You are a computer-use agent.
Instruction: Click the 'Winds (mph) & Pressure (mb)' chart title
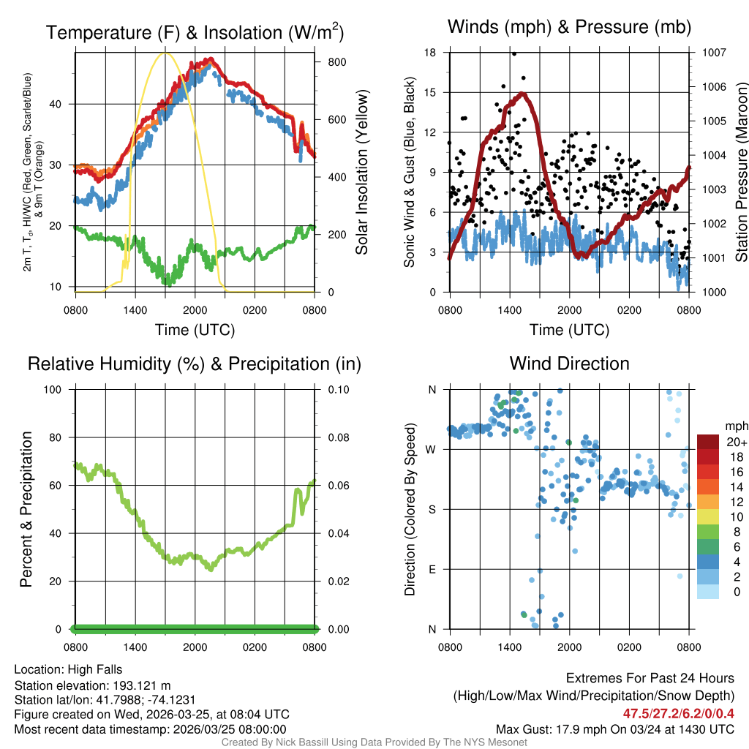point(569,28)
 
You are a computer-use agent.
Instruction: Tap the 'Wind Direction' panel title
point(569,364)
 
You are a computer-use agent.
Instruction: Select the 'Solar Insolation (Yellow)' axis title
point(361,173)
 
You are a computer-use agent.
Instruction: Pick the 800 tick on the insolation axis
point(336,62)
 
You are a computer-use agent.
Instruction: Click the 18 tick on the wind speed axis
point(430,53)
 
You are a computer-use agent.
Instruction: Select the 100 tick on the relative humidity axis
point(54,389)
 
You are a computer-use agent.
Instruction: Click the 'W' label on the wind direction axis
point(432,449)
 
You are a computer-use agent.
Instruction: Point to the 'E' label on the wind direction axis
point(432,569)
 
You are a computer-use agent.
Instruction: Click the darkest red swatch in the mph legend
point(708,442)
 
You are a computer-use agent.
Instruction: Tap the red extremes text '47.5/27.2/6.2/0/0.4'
point(678,713)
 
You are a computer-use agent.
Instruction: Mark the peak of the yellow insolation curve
point(165,53)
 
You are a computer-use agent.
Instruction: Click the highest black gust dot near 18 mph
point(514,53)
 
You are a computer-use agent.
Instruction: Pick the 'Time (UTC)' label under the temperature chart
point(195,330)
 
